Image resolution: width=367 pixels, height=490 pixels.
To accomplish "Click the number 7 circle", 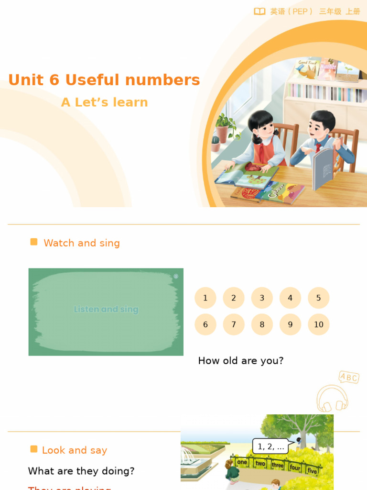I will coord(234,324).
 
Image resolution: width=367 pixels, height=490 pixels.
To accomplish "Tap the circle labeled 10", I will coord(319,324).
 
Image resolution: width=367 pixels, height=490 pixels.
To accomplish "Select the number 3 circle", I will coord(262,298).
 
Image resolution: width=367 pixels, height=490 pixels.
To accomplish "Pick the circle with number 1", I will coord(205,298).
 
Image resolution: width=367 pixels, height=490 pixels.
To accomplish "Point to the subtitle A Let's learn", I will coord(105,102).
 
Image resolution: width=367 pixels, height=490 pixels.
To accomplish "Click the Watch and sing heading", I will coord(82,243).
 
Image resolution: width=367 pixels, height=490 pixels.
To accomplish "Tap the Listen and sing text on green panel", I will coord(106,309).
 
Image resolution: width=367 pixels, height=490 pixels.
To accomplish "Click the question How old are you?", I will coord(241,361).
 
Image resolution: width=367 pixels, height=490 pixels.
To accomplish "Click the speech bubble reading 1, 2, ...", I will coord(271,446).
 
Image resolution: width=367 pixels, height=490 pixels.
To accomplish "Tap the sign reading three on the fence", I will coord(278,465).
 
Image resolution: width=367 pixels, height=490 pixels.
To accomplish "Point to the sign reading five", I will coord(312,471).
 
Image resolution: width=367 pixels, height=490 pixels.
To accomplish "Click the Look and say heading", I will coord(75,450).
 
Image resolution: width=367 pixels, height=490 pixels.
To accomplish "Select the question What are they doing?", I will coord(81,471).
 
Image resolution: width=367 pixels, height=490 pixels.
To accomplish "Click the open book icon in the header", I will coord(259,11).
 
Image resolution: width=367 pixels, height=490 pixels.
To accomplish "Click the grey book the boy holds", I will coord(323,169).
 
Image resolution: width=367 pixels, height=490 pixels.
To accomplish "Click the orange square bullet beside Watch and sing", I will coord(34,242).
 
